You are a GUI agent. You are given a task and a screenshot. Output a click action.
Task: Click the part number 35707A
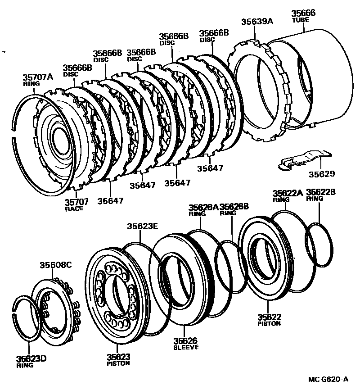point(38,77)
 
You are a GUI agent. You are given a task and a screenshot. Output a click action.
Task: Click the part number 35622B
point(321,192)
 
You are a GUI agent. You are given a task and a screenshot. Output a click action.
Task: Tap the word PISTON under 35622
point(269,323)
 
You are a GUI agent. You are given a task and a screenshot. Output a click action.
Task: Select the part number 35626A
point(203,207)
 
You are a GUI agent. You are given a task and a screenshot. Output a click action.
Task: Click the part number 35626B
point(234,207)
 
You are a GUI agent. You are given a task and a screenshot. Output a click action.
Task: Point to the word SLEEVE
point(186,347)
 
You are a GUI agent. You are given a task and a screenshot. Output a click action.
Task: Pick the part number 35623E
point(142,227)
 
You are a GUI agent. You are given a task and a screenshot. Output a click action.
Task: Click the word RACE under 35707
point(74,209)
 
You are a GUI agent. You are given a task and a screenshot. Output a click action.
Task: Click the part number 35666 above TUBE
point(303,13)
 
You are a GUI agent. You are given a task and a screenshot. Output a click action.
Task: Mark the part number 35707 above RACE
point(76,202)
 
